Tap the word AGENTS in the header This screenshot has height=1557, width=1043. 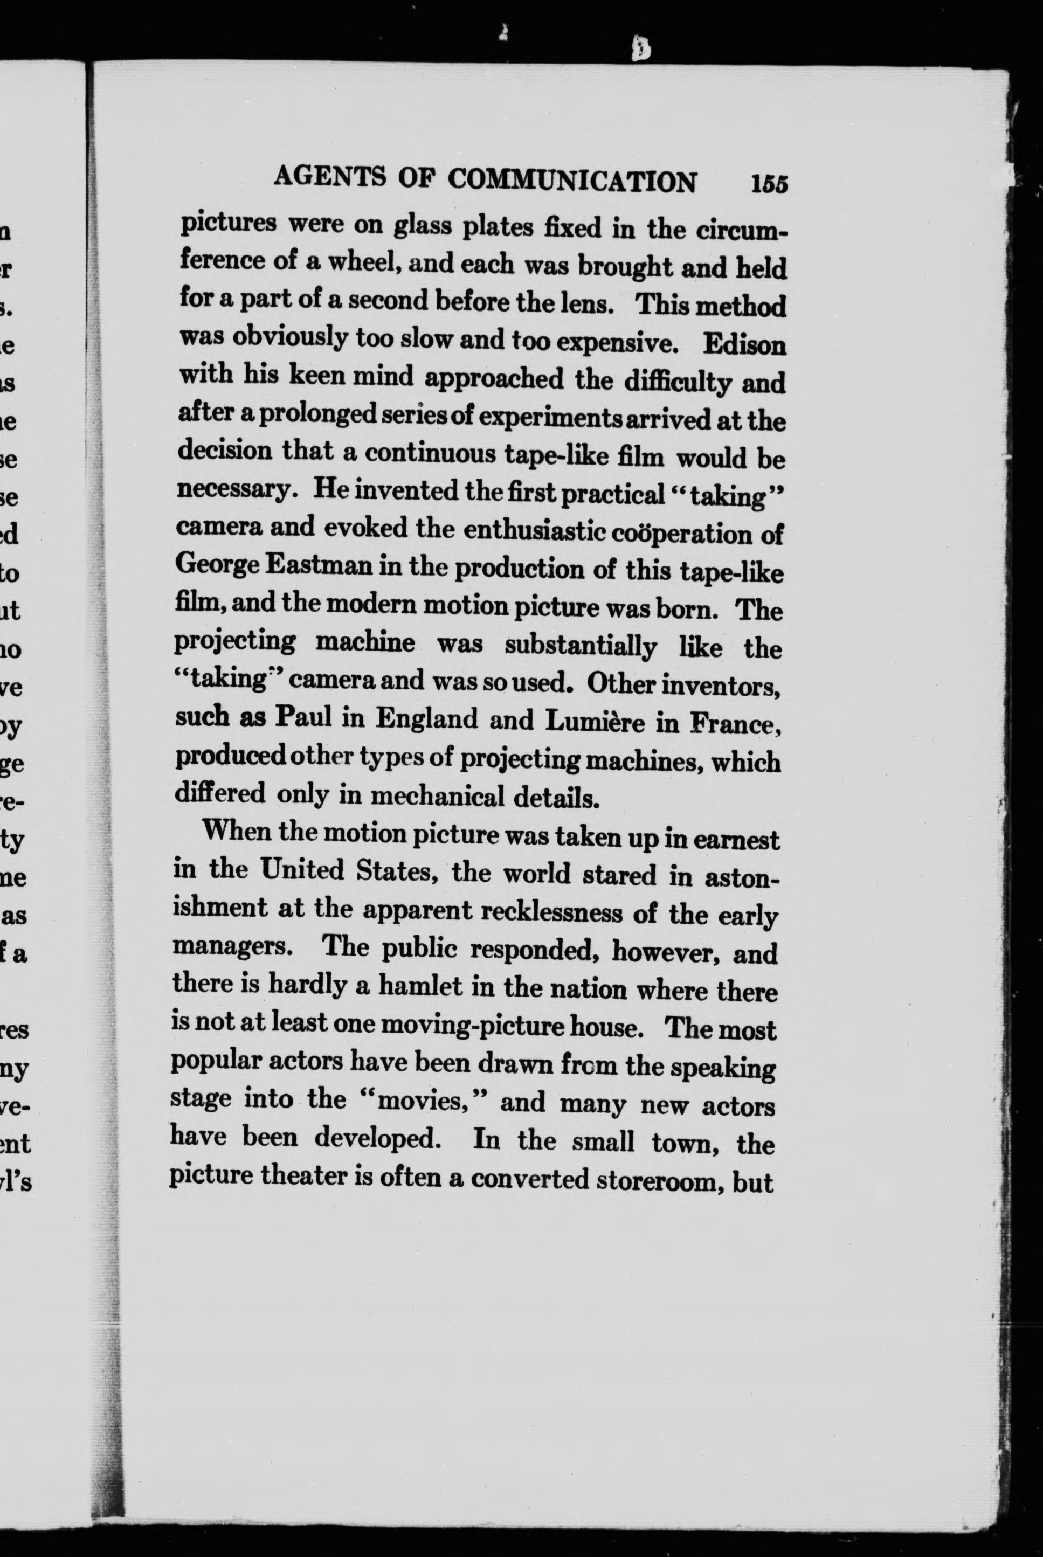pos(329,177)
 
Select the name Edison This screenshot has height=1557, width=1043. pos(744,344)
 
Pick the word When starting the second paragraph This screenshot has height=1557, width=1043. pos(235,832)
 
